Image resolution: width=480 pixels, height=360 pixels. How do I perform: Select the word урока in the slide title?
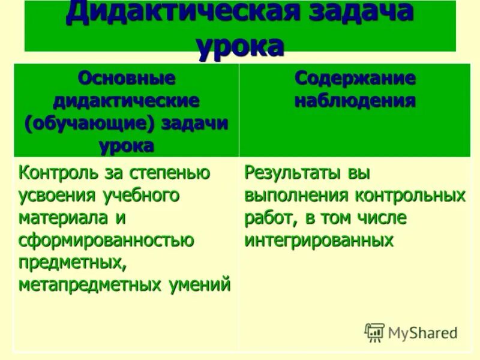[x=240, y=46]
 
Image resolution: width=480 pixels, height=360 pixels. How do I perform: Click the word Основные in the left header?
[x=127, y=78]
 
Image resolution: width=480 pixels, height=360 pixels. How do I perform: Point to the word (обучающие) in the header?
[x=85, y=122]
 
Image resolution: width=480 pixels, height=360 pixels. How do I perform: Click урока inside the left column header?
[x=127, y=145]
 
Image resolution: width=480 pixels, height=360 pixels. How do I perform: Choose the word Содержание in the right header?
[x=355, y=78]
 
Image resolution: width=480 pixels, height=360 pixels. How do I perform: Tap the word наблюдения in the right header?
[x=355, y=100]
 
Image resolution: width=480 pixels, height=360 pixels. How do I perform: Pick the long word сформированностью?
[x=106, y=240]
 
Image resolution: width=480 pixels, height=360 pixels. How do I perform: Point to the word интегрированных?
[x=319, y=240]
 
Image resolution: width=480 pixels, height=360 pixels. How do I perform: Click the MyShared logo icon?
[x=374, y=332]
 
